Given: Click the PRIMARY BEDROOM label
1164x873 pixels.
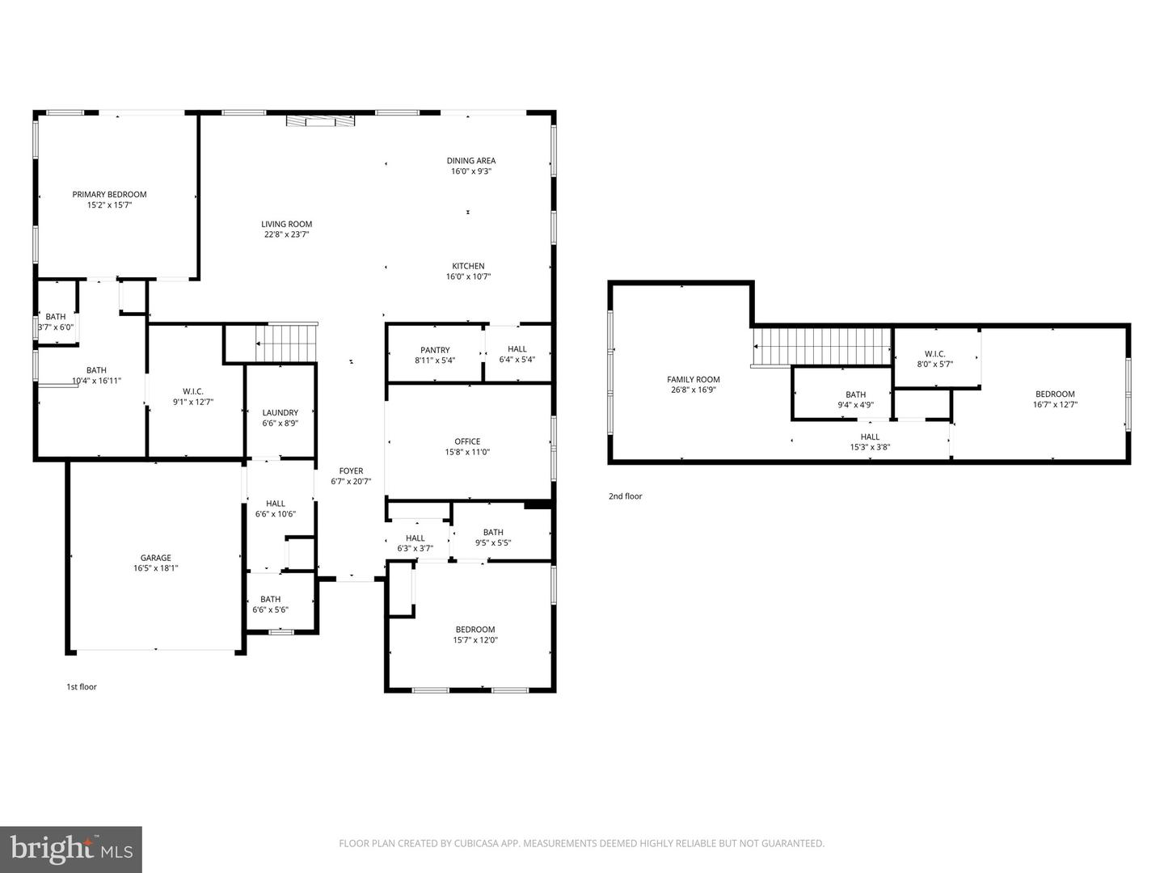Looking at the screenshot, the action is [x=109, y=195].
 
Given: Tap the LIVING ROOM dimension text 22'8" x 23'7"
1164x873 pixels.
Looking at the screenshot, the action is [x=286, y=234].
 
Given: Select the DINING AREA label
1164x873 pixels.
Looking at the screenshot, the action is [x=471, y=161].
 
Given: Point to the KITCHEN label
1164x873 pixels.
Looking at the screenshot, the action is [x=468, y=266].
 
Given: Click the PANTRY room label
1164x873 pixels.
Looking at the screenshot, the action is [x=435, y=350].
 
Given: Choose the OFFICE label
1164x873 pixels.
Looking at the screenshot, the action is [x=467, y=441].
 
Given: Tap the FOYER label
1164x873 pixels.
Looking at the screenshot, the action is [x=351, y=470].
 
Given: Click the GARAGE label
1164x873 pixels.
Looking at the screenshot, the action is [x=155, y=558].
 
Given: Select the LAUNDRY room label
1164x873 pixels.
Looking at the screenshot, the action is [x=280, y=412].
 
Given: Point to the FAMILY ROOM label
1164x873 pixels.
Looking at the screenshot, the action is [x=693, y=380].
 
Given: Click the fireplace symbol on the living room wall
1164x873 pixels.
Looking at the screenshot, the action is [x=320, y=121].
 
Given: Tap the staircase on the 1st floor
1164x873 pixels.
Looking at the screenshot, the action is [x=286, y=343].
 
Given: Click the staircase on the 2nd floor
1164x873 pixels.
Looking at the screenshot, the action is [x=821, y=347].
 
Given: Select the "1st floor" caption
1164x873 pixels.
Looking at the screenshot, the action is [x=82, y=687].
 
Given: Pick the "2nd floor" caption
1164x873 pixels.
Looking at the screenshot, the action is [x=625, y=496].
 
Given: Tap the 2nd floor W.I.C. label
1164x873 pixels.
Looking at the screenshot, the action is [x=934, y=353].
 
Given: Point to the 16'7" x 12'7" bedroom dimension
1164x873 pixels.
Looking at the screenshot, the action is [x=1055, y=404].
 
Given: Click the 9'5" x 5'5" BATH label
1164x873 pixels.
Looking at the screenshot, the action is [x=493, y=538].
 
